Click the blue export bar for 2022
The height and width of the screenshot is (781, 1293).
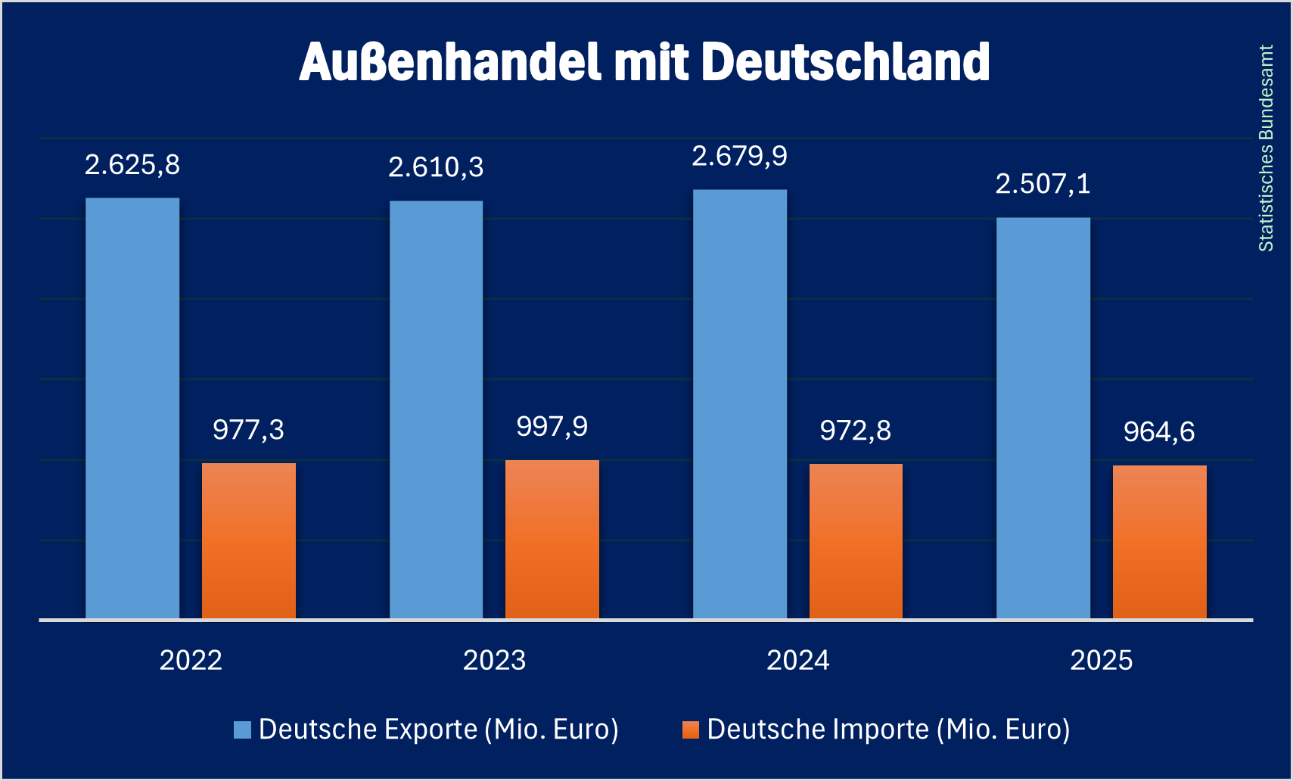132,409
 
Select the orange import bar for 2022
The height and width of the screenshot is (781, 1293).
249,541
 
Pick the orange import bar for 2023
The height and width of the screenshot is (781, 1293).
552,540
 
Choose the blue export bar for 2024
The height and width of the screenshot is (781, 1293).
740,404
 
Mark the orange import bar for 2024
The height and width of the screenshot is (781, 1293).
856,542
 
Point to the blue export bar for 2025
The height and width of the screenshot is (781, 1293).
1043,419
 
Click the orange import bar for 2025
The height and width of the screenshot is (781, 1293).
1160,543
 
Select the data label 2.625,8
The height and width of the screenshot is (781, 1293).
132,165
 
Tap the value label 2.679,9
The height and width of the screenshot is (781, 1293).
740,157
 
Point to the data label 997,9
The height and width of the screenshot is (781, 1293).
552,427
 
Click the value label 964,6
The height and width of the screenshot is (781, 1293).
1159,432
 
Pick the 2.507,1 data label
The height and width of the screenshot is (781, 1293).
1043,184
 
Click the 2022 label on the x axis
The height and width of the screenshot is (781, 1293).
191,661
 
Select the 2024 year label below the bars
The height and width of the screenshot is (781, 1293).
798,661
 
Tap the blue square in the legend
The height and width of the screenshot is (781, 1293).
242,730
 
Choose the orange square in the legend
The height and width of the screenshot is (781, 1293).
691,730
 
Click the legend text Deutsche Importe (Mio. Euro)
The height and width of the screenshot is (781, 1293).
888,730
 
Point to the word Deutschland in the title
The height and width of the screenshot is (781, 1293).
846,62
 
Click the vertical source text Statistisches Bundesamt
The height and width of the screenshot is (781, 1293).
1266,148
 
